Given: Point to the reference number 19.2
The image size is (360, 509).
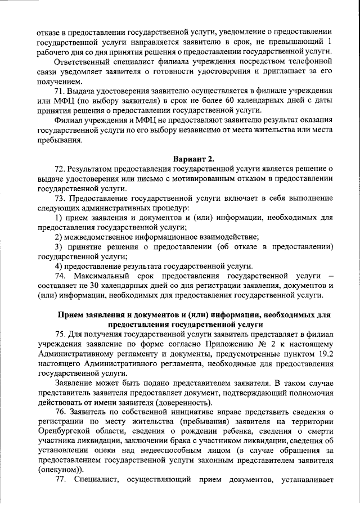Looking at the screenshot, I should click(x=325, y=354).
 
